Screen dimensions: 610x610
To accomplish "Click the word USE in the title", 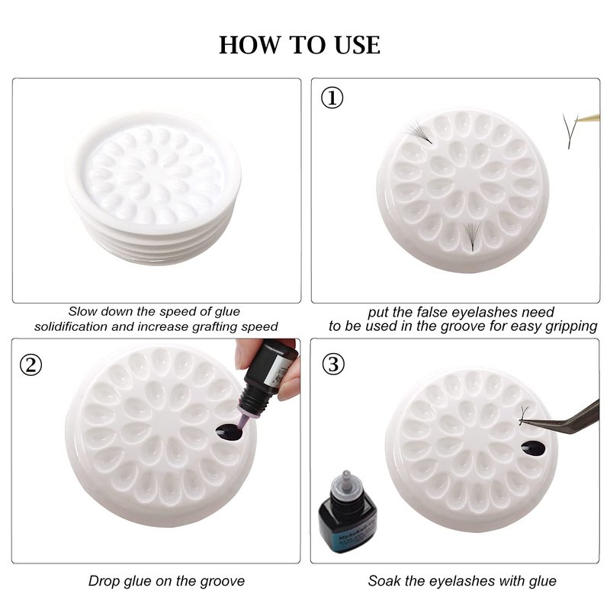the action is click(357, 45).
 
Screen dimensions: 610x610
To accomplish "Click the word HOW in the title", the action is click(249, 45).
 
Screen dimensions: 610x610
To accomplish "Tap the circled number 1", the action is click(332, 98).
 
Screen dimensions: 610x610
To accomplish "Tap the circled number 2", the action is click(30, 365).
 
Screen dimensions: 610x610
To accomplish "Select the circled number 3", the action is click(333, 364).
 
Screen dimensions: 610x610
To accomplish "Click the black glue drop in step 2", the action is click(228, 432).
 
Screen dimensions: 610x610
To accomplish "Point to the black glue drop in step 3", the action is click(533, 448).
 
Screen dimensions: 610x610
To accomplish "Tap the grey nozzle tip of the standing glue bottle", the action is click(346, 477).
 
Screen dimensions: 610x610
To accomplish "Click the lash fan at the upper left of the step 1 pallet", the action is click(419, 132).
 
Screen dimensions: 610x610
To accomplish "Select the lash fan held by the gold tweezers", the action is click(570, 130).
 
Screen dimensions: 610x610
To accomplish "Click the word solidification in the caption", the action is click(70, 326).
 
